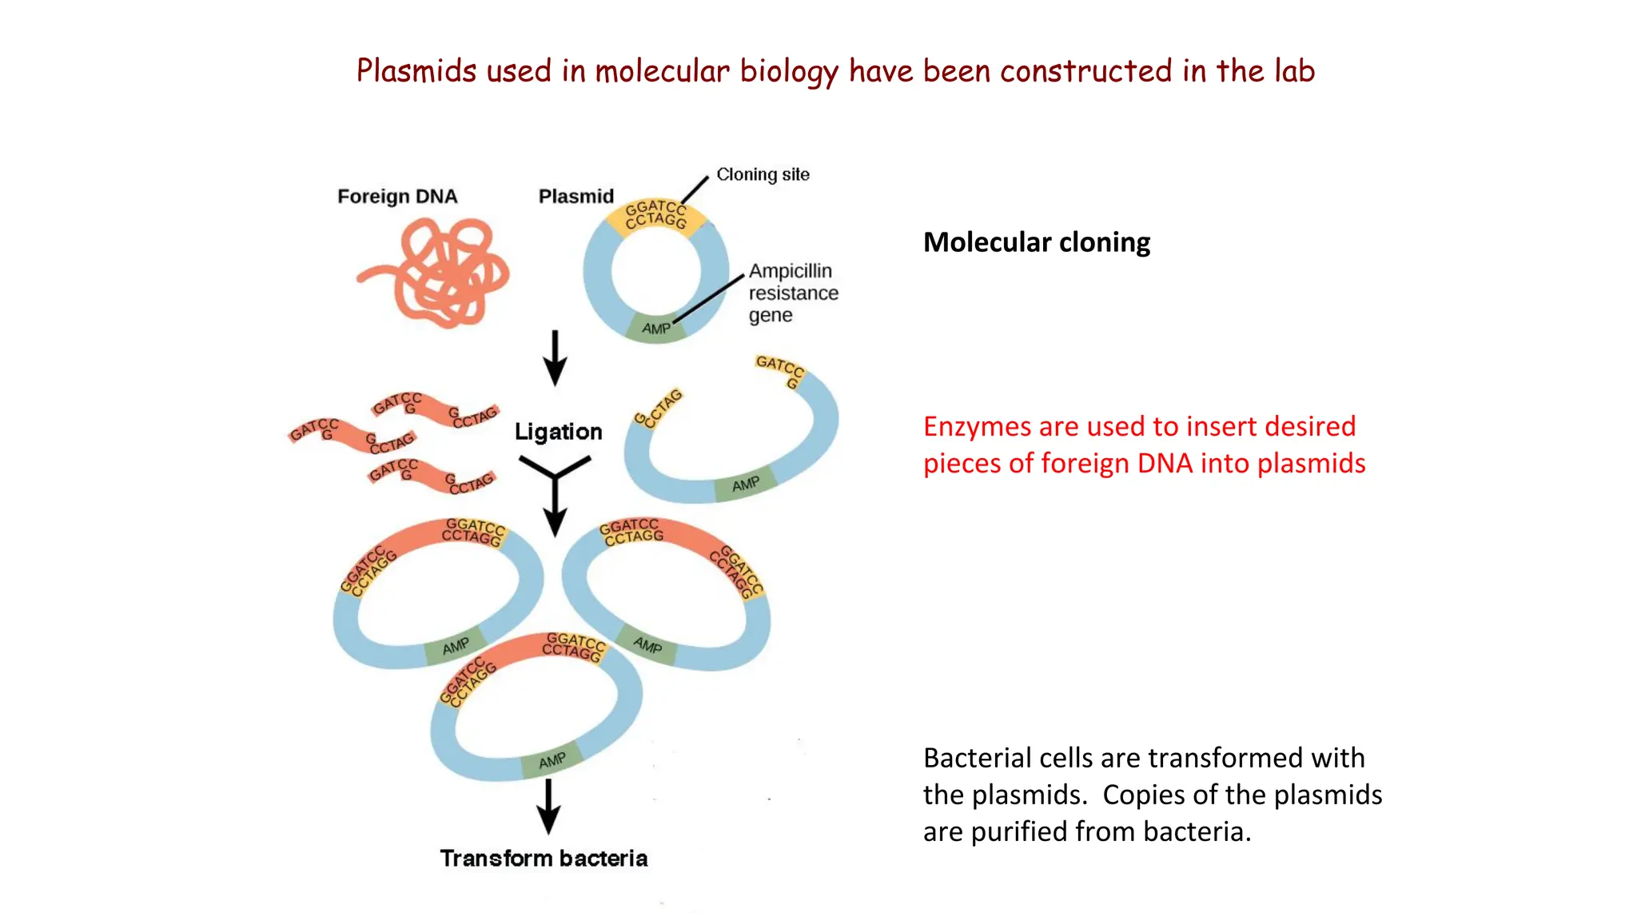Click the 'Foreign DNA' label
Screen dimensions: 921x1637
point(397,197)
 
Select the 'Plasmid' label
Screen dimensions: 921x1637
point(576,197)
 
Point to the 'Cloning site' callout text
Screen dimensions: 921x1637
point(763,175)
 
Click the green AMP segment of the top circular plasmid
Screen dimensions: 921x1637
point(656,329)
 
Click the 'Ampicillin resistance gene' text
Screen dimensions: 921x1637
point(792,293)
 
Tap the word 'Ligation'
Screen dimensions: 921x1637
point(558,433)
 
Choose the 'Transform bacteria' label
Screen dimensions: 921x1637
point(544,859)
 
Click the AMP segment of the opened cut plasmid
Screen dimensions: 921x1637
point(745,484)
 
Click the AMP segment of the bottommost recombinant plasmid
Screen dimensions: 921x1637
point(552,762)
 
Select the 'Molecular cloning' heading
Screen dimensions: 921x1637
point(1036,242)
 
